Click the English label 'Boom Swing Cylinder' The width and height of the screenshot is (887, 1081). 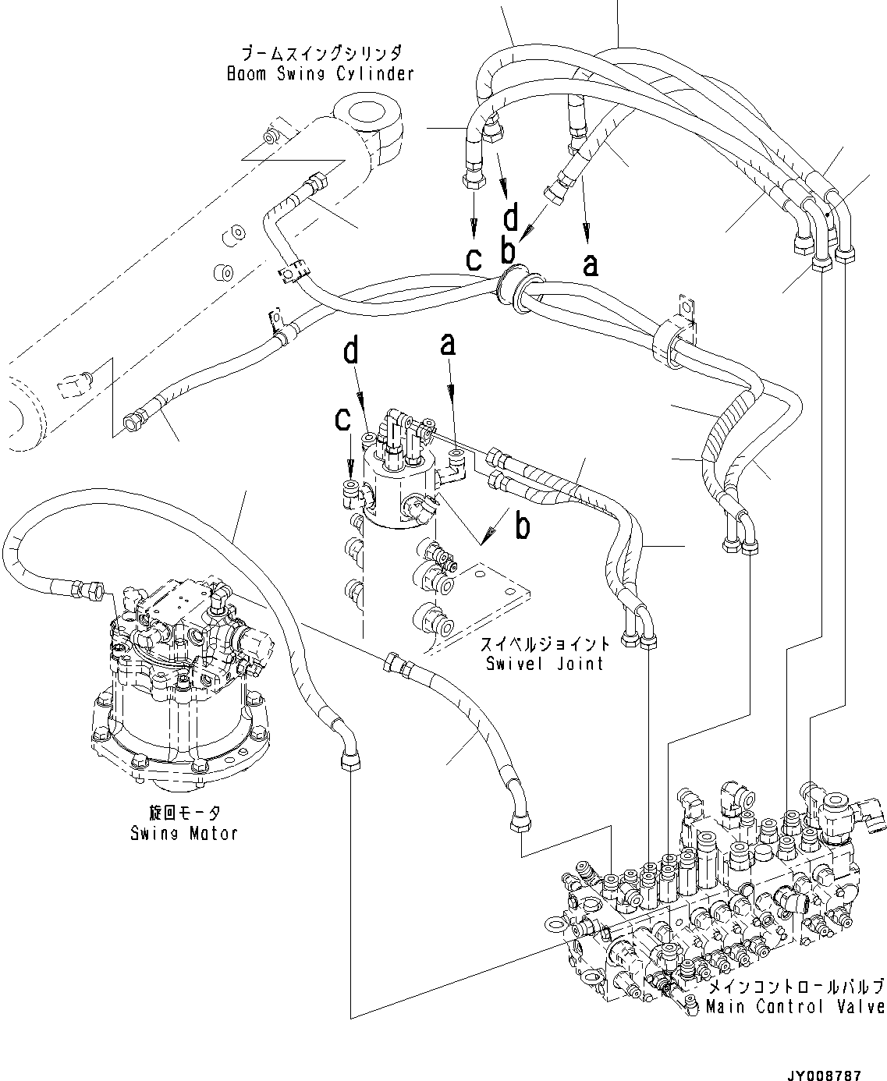coord(319,74)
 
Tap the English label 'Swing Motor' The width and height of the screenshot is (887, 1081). coord(184,833)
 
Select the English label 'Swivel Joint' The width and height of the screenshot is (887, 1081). coord(545,664)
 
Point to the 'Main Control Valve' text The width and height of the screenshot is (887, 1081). coord(795,1007)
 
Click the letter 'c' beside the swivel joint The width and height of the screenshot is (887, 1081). coord(342,420)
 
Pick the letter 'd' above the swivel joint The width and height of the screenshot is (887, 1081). coord(352,352)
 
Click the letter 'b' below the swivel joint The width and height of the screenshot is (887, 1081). coord(523,526)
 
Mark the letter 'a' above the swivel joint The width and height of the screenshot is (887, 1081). coord(447,343)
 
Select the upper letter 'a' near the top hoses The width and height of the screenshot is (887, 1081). coord(591,264)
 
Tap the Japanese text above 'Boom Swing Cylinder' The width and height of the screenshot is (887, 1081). coord(321,54)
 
